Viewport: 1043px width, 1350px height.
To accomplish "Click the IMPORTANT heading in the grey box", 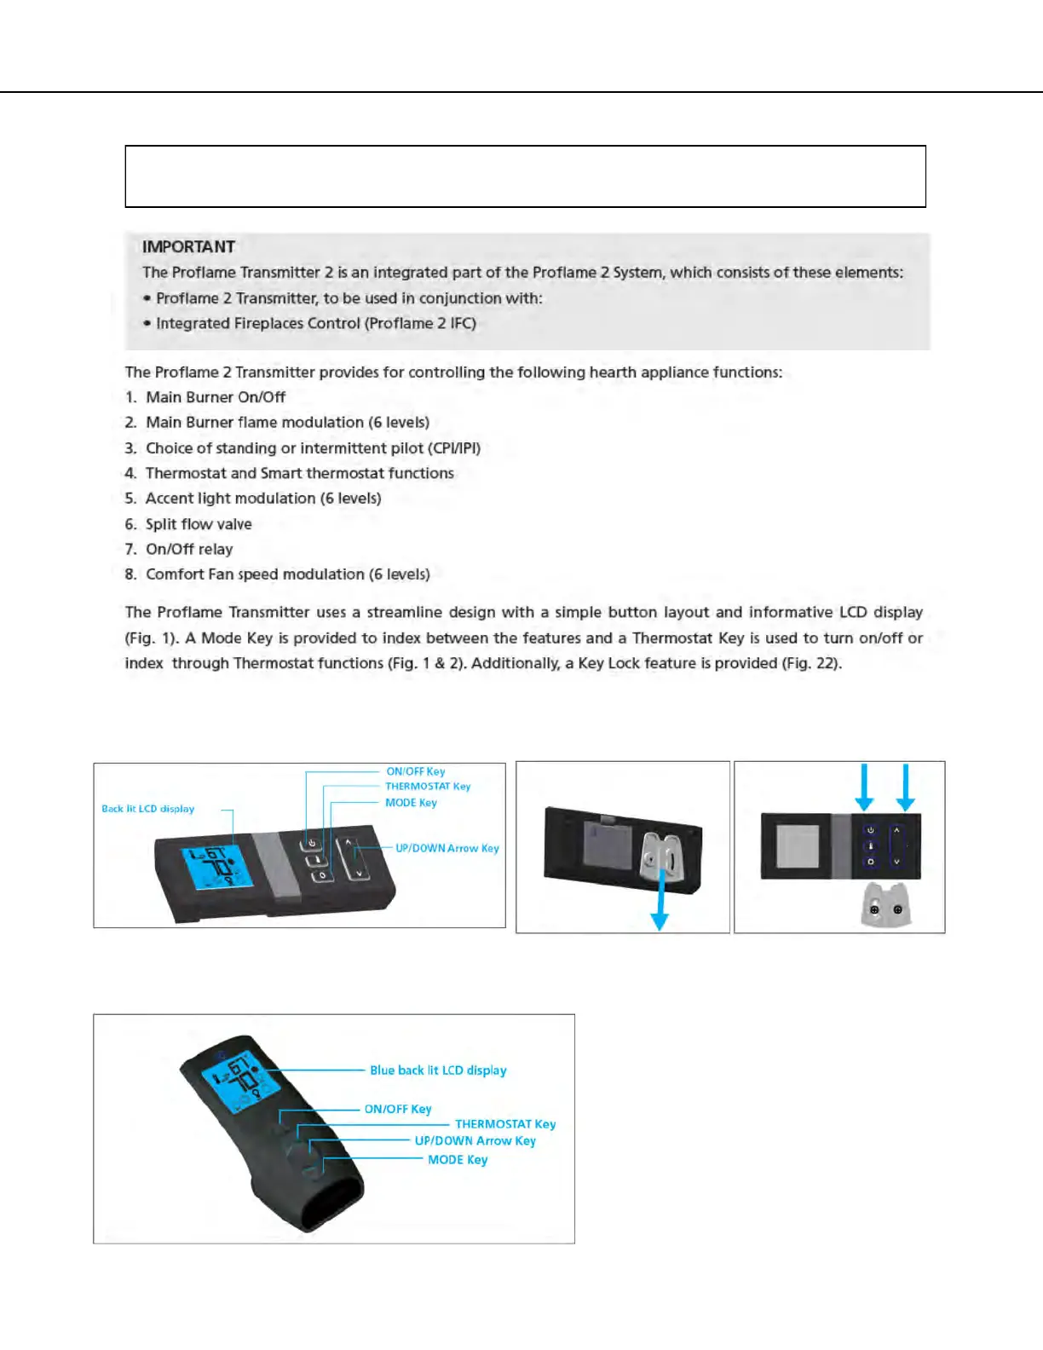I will (x=188, y=247).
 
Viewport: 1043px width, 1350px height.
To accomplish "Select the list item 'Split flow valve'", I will (x=199, y=524).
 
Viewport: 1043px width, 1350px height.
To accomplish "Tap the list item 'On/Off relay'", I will (x=189, y=549).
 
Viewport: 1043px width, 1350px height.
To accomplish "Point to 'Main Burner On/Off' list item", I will (x=215, y=397).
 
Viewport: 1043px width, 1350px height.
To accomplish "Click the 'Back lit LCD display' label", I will (x=147, y=809).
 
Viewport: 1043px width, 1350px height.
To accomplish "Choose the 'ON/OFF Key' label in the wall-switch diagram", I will (x=416, y=771).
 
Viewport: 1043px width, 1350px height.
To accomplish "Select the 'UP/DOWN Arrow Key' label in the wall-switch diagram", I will (x=447, y=848).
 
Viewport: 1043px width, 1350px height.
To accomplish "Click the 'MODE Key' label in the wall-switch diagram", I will (x=411, y=803).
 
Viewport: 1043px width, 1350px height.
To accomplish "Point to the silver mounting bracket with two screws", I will (x=886, y=905).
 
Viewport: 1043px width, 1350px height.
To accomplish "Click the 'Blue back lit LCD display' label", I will (x=438, y=1070).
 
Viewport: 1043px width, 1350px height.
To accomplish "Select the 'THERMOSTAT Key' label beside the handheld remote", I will (x=504, y=1124).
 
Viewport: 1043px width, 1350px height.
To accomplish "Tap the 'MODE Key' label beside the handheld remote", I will (x=458, y=1160).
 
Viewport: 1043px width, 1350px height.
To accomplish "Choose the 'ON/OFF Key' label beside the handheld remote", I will (x=398, y=1109).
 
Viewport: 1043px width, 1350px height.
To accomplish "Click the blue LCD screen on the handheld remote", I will (x=240, y=1079).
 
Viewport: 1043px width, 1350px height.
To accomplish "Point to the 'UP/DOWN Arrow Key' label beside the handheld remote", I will (x=475, y=1141).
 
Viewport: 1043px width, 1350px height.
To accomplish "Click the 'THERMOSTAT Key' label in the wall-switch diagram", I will (x=428, y=787).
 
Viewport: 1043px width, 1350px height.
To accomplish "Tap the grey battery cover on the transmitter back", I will (x=609, y=846).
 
